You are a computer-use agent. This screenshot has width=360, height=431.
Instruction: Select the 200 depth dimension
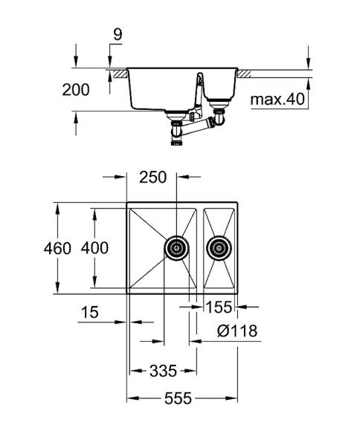(74, 90)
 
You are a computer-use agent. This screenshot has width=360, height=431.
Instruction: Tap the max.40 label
(277, 100)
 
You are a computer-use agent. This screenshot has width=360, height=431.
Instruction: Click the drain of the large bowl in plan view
(176, 248)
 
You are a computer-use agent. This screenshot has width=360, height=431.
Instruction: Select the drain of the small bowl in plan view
(219, 248)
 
